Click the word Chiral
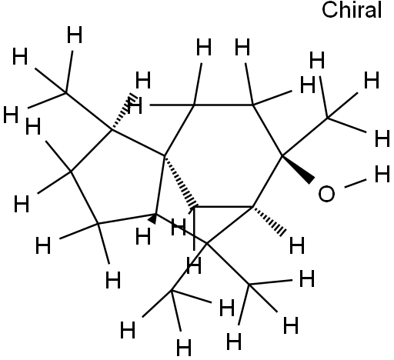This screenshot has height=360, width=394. (x=352, y=10)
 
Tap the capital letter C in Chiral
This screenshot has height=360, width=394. (x=329, y=10)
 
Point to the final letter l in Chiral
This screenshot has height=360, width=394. (x=380, y=10)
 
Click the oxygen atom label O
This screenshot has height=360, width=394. (x=326, y=194)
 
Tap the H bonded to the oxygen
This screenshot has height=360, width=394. (x=382, y=174)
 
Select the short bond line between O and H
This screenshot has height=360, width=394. (x=356, y=183)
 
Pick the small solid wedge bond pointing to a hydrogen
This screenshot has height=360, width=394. (x=153, y=218)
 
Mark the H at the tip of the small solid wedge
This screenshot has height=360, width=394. (x=143, y=236)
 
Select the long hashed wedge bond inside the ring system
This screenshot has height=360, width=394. (x=181, y=181)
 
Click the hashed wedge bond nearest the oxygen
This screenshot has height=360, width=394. (x=269, y=221)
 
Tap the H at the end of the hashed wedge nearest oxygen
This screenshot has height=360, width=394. (x=297, y=245)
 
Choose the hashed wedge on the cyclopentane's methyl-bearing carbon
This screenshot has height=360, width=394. (x=123, y=112)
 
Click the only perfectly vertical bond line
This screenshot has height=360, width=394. (x=194, y=228)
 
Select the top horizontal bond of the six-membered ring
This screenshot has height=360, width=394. (x=223, y=105)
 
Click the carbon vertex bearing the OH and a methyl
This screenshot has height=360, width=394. (x=282, y=155)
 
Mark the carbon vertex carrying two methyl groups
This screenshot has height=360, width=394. (x=207, y=243)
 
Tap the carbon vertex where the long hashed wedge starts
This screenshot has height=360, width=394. (x=165, y=155)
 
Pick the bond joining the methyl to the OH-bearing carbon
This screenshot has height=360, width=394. (x=305, y=137)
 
